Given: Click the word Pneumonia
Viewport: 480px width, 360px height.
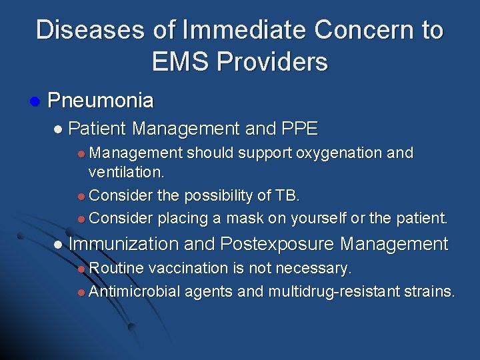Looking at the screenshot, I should coord(101,101).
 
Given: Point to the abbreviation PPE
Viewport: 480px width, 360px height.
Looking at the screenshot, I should coord(300,128).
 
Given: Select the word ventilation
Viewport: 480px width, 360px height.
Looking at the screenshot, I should coord(126,172).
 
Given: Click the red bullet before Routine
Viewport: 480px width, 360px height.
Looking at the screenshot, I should coord(81,269).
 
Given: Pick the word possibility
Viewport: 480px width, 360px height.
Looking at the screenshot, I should coord(218,196).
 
